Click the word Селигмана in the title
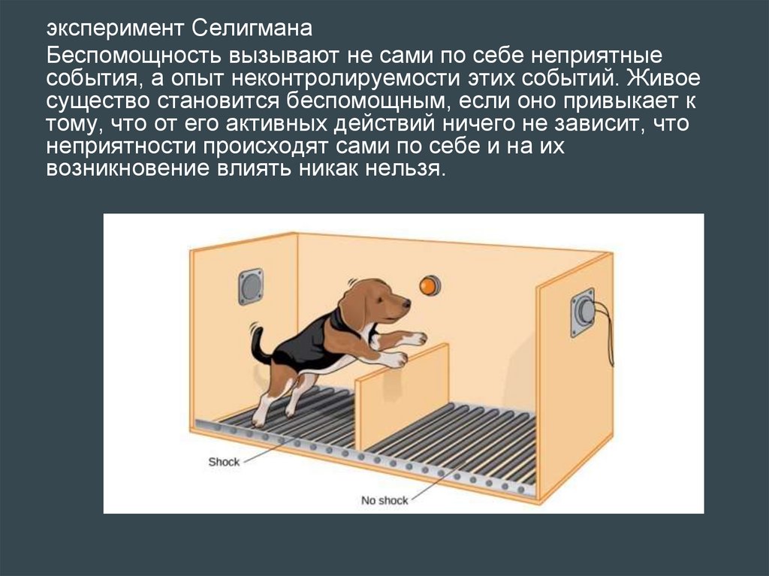[252, 28]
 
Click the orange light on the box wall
[430, 285]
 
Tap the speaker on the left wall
[251, 287]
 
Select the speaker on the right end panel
[583, 312]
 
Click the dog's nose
[406, 303]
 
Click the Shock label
[224, 462]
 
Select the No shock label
[384, 500]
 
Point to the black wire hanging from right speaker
[608, 333]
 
